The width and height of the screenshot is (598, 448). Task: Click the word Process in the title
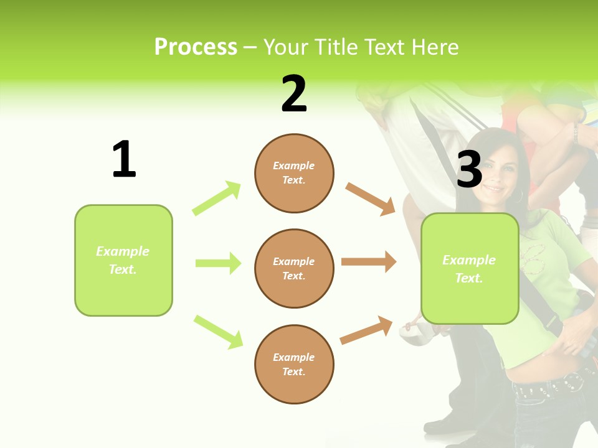pyautogui.click(x=196, y=47)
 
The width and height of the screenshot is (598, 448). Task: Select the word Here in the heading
pyautogui.click(x=435, y=47)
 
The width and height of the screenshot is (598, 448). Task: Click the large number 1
pyautogui.click(x=124, y=159)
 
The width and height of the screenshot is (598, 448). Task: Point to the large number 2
pyautogui.click(x=294, y=94)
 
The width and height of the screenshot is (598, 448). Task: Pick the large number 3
pyautogui.click(x=470, y=169)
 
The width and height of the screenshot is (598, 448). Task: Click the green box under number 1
pyautogui.click(x=123, y=260)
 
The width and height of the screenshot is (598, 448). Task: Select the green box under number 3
pyautogui.click(x=470, y=269)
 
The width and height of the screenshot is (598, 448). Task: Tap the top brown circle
pyautogui.click(x=294, y=173)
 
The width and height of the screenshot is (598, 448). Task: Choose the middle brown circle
pyautogui.click(x=294, y=268)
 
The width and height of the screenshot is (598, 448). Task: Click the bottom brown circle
pyautogui.click(x=294, y=364)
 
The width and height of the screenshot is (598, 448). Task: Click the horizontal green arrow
pyautogui.click(x=218, y=263)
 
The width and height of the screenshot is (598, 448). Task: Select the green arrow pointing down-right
pyautogui.click(x=218, y=332)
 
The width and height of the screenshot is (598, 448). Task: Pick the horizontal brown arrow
pyautogui.click(x=369, y=262)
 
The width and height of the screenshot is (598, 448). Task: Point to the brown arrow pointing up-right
pyautogui.click(x=366, y=330)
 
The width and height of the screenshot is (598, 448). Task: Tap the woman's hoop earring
pyautogui.click(x=518, y=196)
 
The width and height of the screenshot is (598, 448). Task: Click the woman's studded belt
pyautogui.click(x=548, y=385)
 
